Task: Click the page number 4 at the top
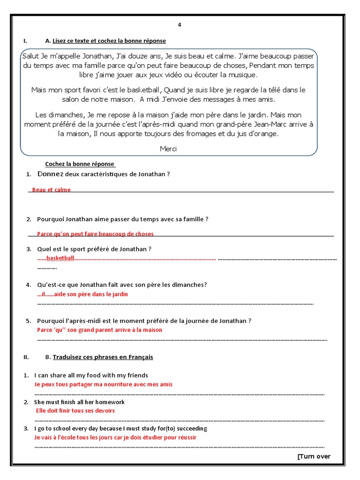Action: coord(179,25)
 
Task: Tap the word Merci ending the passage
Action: coord(168,149)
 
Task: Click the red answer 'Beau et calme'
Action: coord(52,190)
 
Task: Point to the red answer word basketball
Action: coord(60,258)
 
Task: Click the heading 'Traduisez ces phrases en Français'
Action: coord(103,357)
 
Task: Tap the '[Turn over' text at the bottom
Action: coord(314,457)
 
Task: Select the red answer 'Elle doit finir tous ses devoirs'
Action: coord(75,411)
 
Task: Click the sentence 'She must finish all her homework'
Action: coord(79,402)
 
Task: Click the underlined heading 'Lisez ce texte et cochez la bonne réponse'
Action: coord(109,41)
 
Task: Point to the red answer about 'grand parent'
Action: coord(99,330)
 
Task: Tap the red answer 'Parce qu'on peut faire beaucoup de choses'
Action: coord(95,234)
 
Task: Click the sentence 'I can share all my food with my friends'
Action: coord(91,375)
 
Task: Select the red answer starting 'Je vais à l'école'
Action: coord(115,438)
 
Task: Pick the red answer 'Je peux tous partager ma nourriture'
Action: coord(103,384)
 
